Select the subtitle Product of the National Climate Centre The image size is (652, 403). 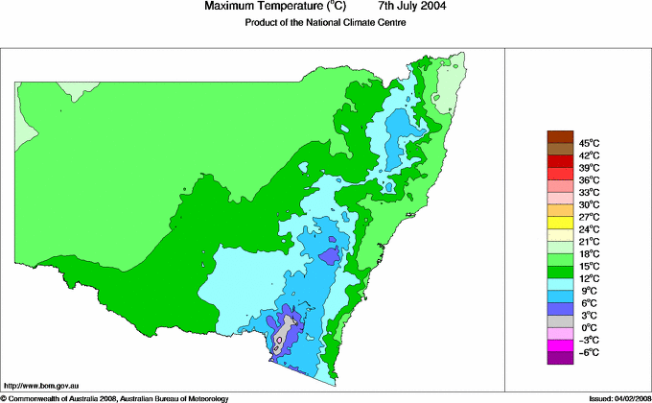[326, 23]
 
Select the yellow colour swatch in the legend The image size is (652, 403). [560, 223]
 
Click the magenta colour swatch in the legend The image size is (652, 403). [560, 345]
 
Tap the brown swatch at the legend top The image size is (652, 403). [560, 136]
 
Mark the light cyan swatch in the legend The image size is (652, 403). [560, 284]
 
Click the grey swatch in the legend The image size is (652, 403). [560, 321]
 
